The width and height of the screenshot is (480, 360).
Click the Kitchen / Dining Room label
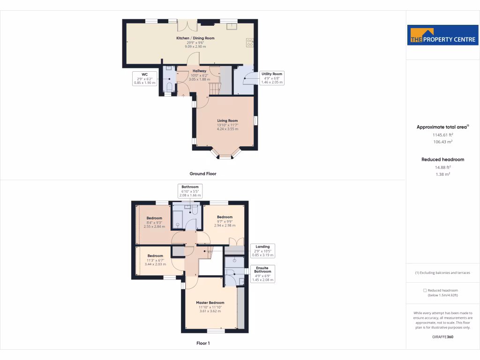pos(195,42)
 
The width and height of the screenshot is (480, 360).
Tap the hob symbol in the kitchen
pos(250,43)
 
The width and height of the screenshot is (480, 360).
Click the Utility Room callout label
pos(272,78)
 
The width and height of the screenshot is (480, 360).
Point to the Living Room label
pos(227,125)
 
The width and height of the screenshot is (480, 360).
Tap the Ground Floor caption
pos(203,173)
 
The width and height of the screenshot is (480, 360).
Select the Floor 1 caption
pos(203,344)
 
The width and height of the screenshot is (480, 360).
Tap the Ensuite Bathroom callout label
pos(262,273)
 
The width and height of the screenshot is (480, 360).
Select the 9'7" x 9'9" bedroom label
pos(225,221)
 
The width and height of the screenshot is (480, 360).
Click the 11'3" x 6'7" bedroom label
pos(155,260)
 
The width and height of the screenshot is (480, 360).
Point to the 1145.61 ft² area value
pos(442,135)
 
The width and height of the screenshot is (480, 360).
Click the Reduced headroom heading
pos(442,159)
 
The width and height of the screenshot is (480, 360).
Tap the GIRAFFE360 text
pos(442,337)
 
